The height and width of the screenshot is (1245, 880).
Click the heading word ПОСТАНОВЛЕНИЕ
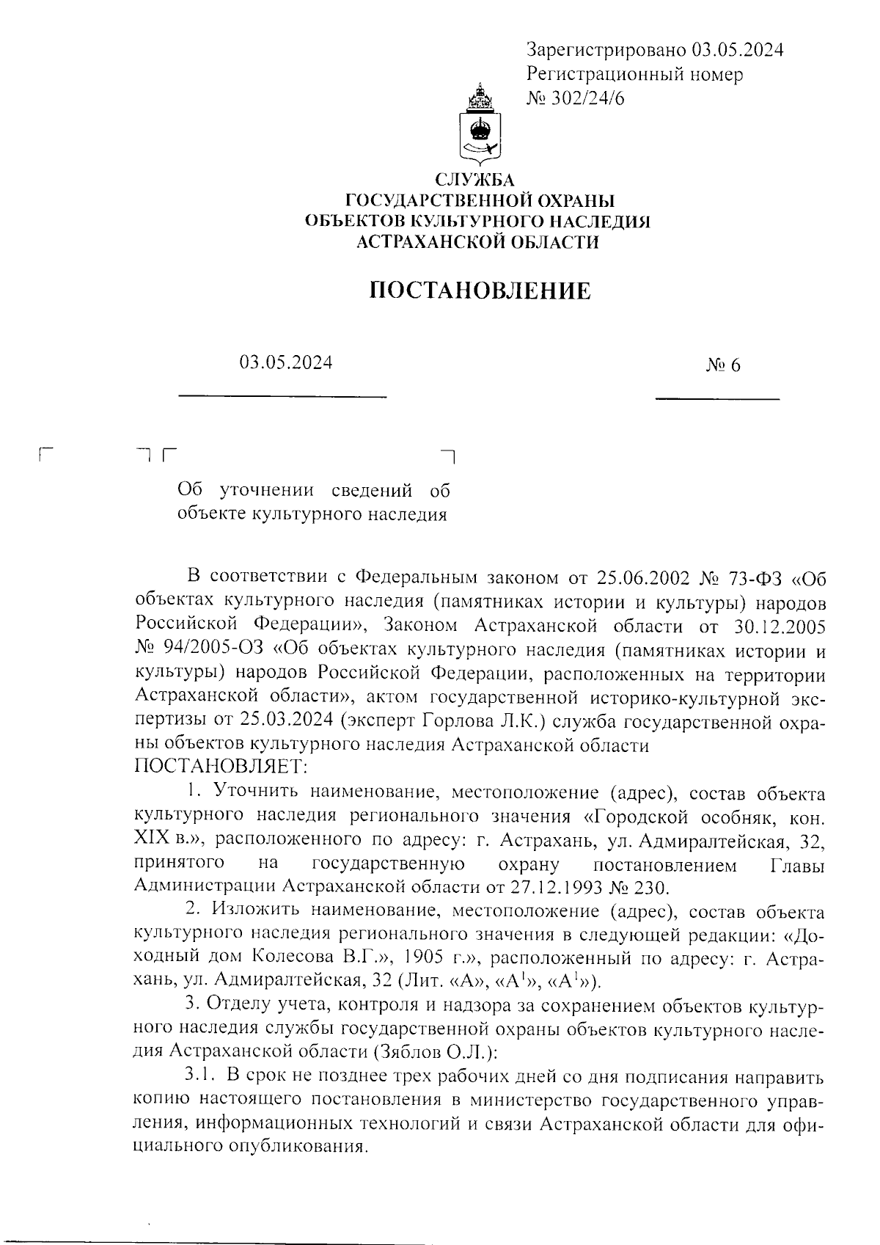pos(479,291)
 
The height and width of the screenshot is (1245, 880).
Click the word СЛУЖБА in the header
pos(476,180)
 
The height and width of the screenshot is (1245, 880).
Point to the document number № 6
pos(723,365)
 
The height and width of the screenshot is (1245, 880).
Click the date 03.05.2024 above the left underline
pos(285,362)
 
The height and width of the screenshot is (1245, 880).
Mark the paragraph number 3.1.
pos(199,1076)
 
